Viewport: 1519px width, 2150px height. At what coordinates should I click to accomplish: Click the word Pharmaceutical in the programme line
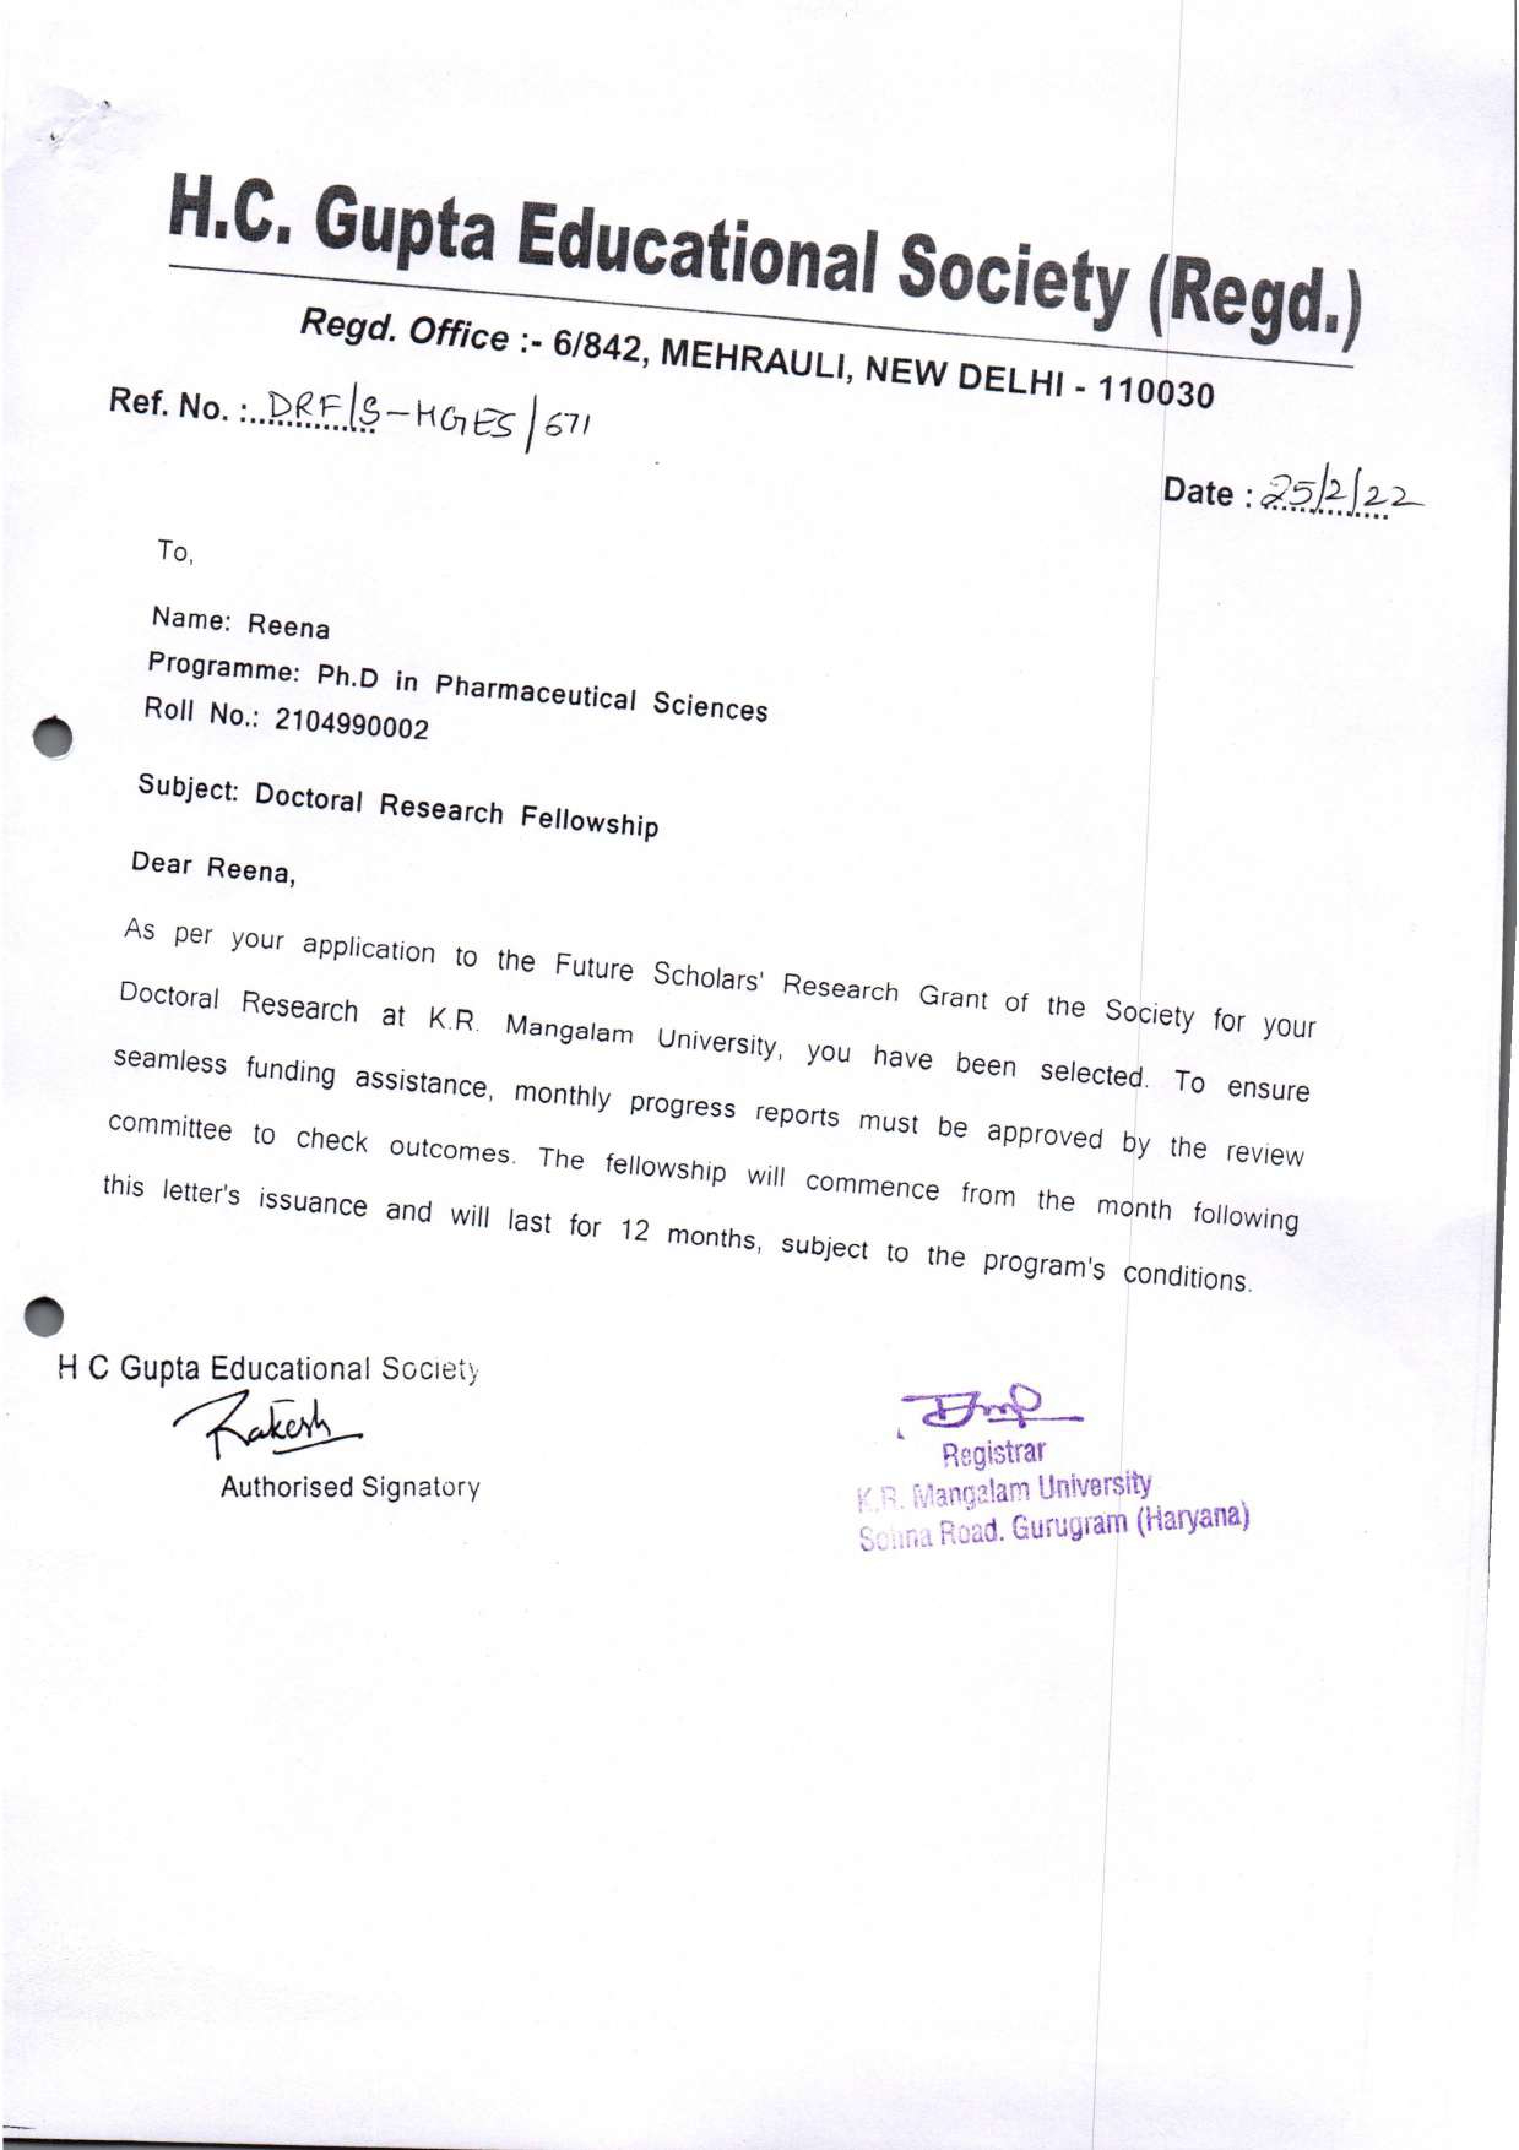[x=536, y=691]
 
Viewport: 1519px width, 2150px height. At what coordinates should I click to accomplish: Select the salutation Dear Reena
[x=213, y=867]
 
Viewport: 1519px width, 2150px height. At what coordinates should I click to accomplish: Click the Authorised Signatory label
[x=350, y=1487]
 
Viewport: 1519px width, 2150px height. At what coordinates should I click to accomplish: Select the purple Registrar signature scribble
[x=988, y=1407]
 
